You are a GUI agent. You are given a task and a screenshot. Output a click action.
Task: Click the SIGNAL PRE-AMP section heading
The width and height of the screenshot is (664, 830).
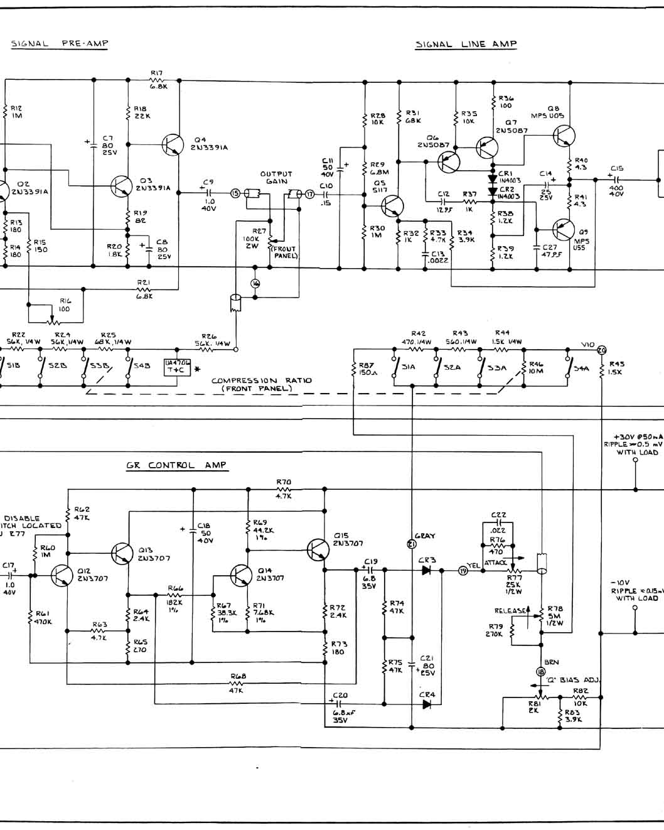coord(60,44)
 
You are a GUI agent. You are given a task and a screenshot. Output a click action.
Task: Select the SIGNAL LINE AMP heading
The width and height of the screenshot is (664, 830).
coord(466,44)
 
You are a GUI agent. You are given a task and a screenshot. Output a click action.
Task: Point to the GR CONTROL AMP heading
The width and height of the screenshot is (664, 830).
coord(176,465)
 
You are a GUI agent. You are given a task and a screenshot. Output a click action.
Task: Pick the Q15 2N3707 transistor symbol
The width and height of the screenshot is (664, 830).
coord(318,550)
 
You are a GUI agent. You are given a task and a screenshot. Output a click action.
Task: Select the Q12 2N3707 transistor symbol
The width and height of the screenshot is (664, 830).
coord(62,575)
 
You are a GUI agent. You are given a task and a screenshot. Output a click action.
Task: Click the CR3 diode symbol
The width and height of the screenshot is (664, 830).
coord(427,571)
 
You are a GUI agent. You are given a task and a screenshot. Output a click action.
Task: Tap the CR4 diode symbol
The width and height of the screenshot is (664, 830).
coord(427,704)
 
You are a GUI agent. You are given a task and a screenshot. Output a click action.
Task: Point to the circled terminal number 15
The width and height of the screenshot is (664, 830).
coord(235,193)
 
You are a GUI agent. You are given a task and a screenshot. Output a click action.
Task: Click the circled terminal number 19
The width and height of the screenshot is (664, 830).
coord(463,571)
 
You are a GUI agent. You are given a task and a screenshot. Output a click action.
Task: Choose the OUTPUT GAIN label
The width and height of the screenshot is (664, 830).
coord(276,178)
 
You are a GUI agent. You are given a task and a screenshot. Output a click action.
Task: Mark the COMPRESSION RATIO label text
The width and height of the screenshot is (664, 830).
coord(261,384)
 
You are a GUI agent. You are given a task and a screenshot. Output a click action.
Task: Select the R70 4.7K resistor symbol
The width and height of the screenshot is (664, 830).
coord(284,488)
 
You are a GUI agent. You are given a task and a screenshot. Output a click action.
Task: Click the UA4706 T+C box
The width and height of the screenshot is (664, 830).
coord(176,367)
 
